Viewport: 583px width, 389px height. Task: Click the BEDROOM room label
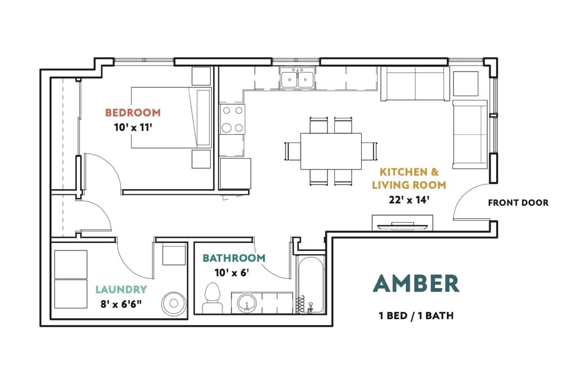[x=133, y=112]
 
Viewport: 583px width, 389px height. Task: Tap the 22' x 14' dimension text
[x=409, y=200]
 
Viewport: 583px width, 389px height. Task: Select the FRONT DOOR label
[x=518, y=203]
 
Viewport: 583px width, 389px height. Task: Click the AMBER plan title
[x=416, y=284]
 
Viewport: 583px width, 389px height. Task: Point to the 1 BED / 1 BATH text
[x=416, y=315]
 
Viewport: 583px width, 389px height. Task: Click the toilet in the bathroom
[x=212, y=298]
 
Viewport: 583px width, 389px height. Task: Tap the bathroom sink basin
[x=247, y=303]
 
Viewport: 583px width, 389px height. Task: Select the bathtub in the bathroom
[x=310, y=285]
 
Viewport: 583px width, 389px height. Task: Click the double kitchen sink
[x=297, y=78]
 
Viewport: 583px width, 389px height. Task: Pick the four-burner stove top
[x=232, y=119]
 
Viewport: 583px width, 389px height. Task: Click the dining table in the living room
[x=331, y=151]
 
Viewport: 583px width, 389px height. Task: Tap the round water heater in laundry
[x=174, y=303]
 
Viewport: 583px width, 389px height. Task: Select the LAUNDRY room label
[x=121, y=289]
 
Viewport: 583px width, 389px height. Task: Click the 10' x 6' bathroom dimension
[x=232, y=273]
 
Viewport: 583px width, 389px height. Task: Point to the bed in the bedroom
[x=171, y=117]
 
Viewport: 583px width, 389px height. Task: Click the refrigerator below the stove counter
[x=235, y=173]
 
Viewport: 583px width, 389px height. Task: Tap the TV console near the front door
[x=402, y=223]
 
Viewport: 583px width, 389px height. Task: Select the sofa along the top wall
[x=415, y=84]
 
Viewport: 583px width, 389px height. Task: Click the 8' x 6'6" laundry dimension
[x=121, y=304]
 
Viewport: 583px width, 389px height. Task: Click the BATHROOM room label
[x=234, y=258]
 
